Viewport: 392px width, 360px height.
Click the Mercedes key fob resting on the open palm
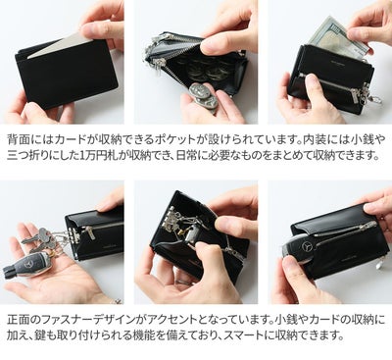pyautogui.click(x=30, y=267)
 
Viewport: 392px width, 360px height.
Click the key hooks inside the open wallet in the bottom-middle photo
pyautogui.click(x=177, y=222)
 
